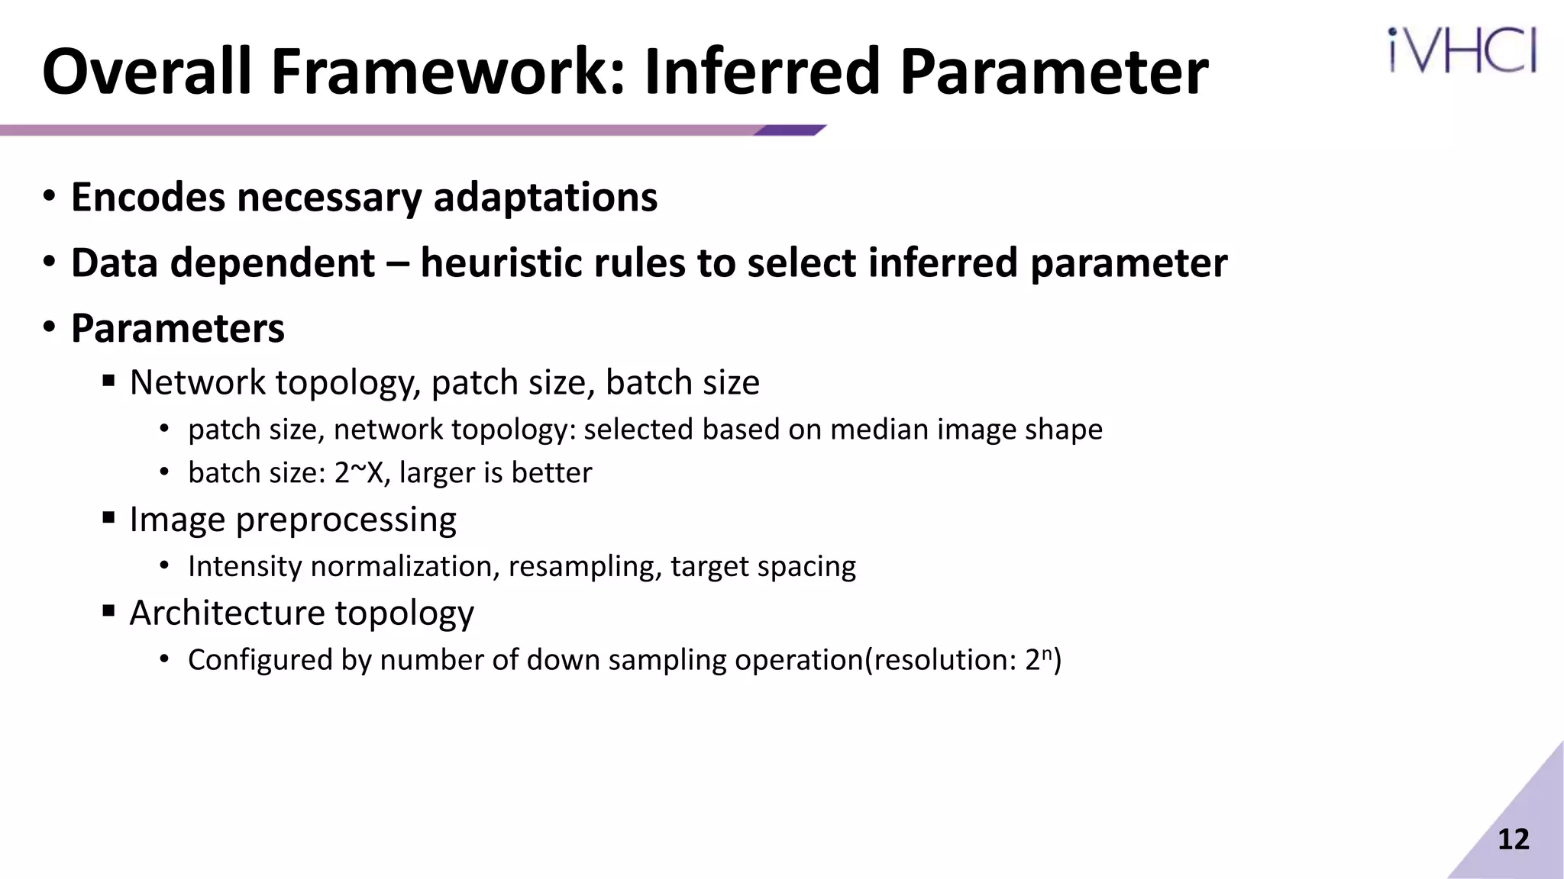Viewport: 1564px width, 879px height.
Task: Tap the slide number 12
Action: coord(1513,839)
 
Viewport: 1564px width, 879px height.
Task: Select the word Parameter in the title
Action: coord(1054,72)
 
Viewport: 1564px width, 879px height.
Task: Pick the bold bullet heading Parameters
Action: coord(177,329)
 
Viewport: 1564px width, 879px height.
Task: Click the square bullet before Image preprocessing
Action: coord(108,519)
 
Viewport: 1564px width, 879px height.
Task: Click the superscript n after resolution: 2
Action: coord(1048,652)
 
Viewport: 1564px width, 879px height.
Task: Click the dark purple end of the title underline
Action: coord(790,130)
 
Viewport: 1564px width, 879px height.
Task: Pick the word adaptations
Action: coord(545,198)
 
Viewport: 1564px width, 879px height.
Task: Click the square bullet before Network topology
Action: coord(108,380)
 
